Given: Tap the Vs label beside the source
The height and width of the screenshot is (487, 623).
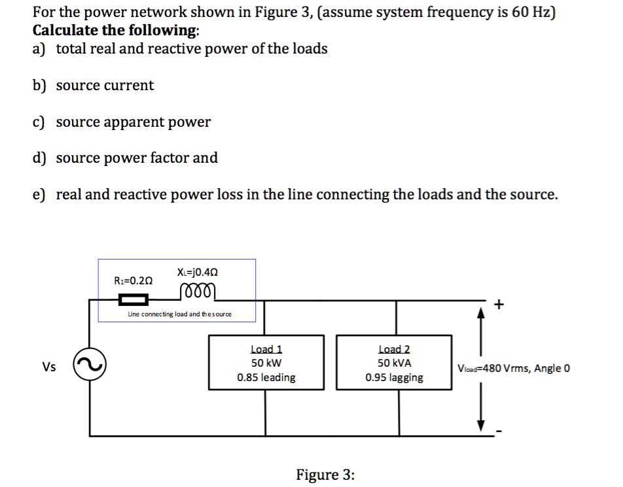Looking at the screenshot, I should tap(48, 367).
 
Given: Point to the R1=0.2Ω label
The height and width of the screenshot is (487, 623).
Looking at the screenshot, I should tap(133, 280).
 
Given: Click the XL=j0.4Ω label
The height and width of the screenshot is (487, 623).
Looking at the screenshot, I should tap(198, 271).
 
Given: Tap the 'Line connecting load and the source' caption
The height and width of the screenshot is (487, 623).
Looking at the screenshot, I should tap(179, 314).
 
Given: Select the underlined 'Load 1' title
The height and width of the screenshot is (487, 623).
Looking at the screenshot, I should tap(266, 350).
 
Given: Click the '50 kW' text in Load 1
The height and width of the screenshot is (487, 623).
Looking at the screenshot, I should tap(266, 363).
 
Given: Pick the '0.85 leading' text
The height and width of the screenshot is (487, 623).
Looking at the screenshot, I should tap(266, 377).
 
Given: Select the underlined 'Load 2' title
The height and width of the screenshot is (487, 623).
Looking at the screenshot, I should tap(394, 350).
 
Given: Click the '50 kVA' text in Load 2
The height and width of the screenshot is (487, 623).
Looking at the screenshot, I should tap(394, 363).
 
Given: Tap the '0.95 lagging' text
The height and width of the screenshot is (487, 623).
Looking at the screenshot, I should tap(394, 377).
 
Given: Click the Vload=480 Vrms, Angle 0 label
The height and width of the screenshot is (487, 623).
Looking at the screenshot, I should tap(514, 368).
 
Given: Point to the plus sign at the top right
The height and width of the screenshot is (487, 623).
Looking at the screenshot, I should tap(501, 304).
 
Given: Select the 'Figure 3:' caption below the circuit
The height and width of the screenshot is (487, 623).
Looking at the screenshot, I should tap(325, 475).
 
